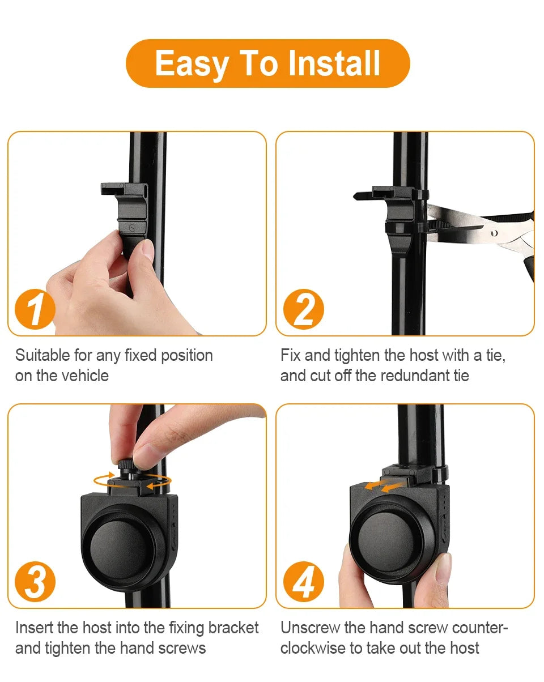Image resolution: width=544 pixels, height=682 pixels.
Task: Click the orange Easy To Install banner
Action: [267, 63]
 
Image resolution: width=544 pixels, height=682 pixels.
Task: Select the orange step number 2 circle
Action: [304, 310]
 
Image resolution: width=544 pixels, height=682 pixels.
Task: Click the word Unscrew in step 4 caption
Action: [311, 628]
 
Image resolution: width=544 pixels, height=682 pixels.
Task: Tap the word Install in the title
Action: [334, 63]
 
